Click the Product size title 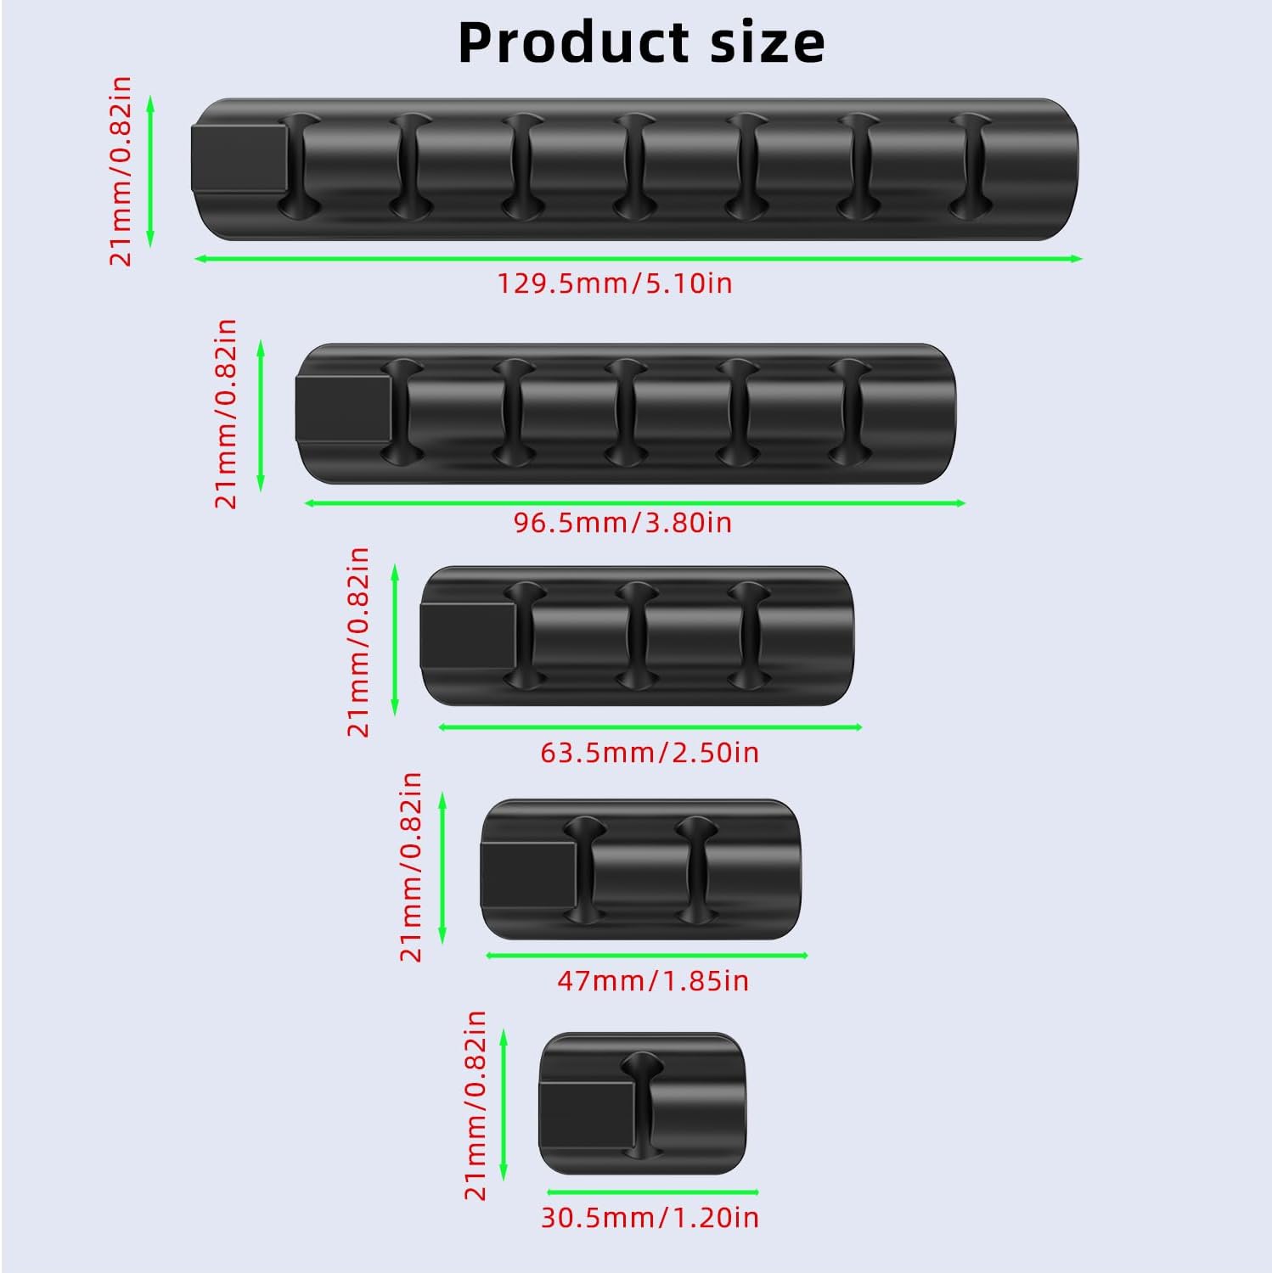tap(641, 42)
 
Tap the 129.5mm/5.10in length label tap(614, 283)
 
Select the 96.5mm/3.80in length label tap(622, 522)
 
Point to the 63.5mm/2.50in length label tap(650, 752)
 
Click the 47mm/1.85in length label tap(653, 981)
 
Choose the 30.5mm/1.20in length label tap(650, 1217)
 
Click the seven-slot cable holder tap(635, 171)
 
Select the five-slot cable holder tap(627, 414)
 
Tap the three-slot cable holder tap(637, 636)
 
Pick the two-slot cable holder tap(640, 869)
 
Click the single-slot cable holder tap(642, 1102)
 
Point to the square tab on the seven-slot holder tap(239, 159)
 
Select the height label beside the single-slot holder tap(476, 1105)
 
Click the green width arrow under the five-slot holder tap(634, 503)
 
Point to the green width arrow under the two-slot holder tap(646, 956)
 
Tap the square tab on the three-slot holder tap(468, 635)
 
